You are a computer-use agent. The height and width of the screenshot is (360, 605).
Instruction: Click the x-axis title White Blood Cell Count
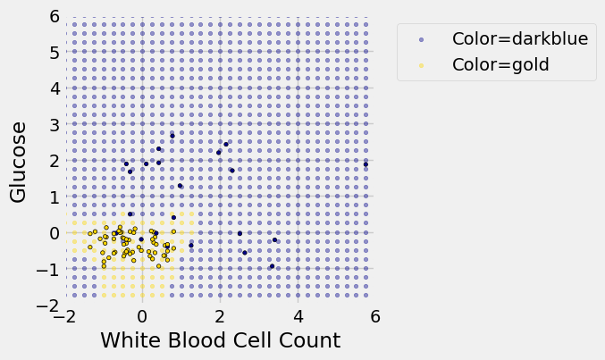pos(220,340)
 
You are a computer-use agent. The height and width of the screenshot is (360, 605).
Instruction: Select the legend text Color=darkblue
pos(520,38)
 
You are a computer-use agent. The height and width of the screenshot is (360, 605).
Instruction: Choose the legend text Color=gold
pos(500,63)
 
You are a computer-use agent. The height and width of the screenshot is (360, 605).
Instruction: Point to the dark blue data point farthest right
pos(366,164)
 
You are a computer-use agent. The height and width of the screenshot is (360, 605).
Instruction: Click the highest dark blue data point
pos(172,136)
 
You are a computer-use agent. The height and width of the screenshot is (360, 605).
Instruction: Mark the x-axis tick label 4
pos(298,316)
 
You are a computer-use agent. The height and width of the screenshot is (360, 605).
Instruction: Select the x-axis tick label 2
pos(220,316)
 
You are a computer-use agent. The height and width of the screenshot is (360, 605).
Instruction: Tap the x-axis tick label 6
pos(375,316)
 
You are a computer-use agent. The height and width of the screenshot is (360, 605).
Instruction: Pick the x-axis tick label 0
pos(142,316)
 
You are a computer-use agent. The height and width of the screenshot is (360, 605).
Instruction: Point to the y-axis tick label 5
pos(55,53)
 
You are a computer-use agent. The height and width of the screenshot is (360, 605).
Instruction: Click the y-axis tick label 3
pos(55,125)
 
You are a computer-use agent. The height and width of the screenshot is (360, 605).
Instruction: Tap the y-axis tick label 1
pos(55,197)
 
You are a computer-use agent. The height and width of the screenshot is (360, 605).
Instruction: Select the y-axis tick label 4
pos(55,88)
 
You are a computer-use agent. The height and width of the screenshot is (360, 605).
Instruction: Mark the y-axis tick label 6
pos(55,16)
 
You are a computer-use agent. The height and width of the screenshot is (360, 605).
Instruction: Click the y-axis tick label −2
pos(50,306)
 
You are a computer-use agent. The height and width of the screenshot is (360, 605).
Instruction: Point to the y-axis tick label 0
pos(55,233)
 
